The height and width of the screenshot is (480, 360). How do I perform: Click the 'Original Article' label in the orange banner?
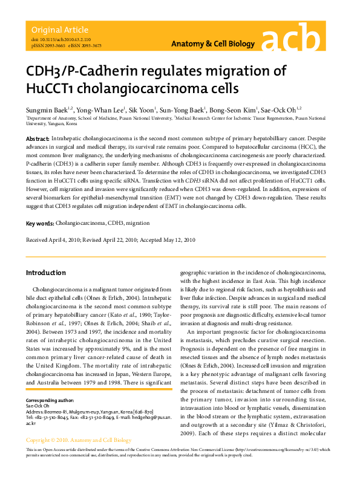59,30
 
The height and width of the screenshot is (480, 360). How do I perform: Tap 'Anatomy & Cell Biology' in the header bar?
208,44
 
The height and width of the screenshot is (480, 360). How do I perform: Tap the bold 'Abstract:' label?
38,139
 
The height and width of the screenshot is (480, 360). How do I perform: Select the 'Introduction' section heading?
45,273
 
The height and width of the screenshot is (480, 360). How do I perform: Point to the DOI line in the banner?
56,39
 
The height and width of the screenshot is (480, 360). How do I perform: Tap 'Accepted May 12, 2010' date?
167,240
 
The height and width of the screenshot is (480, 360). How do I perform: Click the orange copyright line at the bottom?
79,440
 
